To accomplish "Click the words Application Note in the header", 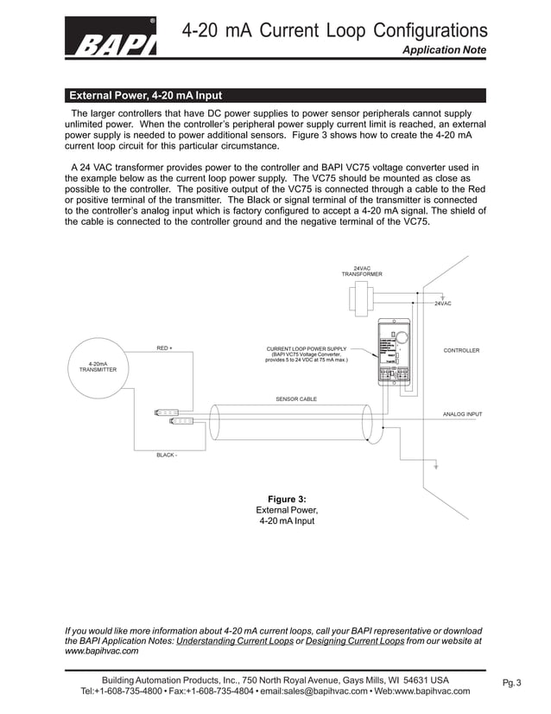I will pos(444,51).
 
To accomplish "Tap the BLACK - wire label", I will pos(167,454).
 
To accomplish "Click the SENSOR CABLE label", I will pos(295,399).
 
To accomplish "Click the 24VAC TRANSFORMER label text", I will pos(361,271).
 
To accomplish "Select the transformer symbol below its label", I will pos(361,299).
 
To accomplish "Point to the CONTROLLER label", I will pos(461,350).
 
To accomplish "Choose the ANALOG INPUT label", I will pos(462,414).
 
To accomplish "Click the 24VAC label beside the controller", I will pos(442,304).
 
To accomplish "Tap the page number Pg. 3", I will pos(512,683).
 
